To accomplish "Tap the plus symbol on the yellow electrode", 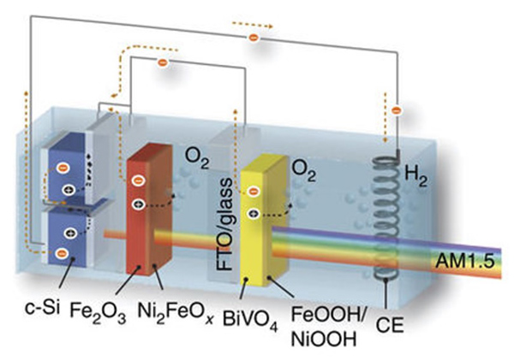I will [253, 212].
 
